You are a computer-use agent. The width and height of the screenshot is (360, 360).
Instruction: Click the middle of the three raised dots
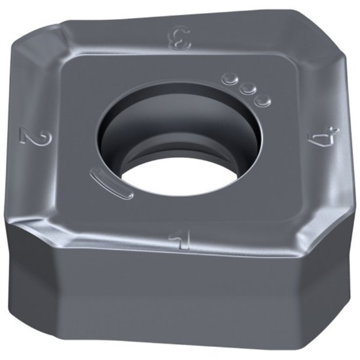(x=246, y=89)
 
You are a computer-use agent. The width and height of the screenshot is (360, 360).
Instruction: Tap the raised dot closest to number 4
(x=262, y=100)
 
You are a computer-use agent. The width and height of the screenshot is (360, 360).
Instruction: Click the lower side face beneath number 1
(x=177, y=308)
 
